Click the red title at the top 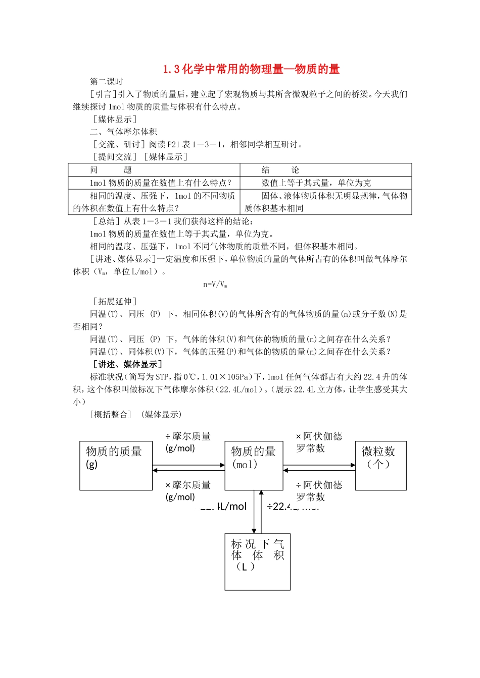[251, 69]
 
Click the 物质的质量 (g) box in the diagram [116, 465]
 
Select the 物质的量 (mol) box [254, 465]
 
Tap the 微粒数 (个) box [380, 465]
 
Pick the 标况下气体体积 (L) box [257, 561]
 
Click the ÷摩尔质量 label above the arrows [187, 442]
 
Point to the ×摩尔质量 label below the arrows [187, 490]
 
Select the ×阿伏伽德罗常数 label [318, 442]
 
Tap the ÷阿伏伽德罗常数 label [318, 490]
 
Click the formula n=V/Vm [215, 285]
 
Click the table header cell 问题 [111, 170]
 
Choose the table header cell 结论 [280, 170]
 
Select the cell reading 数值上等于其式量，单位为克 [316, 183]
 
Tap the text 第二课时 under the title [107, 82]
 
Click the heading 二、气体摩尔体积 [123, 132]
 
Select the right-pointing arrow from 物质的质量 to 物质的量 [188, 465]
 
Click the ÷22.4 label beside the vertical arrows [292, 506]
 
